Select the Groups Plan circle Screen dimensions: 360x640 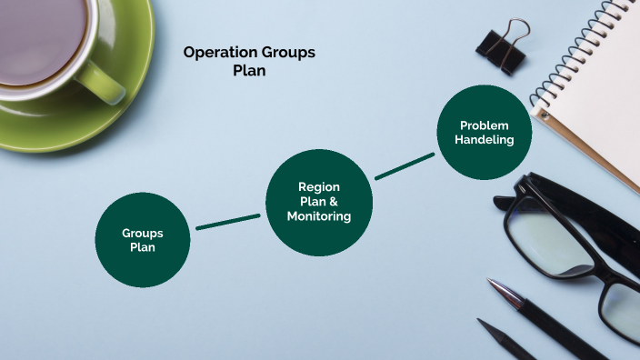coord(143,239)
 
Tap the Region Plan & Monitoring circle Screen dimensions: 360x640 coord(318,201)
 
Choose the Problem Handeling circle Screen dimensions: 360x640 coord(484,133)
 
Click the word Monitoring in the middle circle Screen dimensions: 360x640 coord(318,216)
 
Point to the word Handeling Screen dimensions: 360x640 coord(484,140)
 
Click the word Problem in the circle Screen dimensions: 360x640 coord(484,125)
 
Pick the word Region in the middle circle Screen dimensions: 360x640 coord(318,186)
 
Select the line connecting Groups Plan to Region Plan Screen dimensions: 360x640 coord(227,222)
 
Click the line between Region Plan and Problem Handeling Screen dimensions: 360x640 coord(405,166)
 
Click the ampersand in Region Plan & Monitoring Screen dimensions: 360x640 coord(334,201)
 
